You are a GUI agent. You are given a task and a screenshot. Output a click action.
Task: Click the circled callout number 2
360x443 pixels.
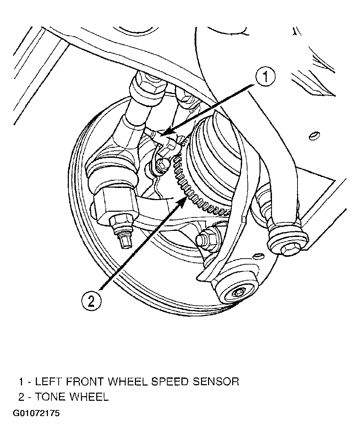[91, 301]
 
